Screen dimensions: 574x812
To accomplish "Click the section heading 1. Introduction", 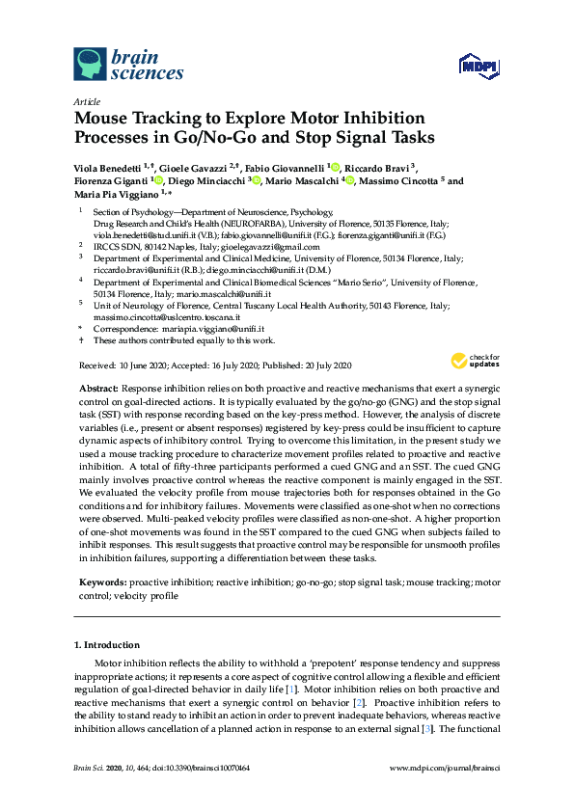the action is [106, 644].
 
